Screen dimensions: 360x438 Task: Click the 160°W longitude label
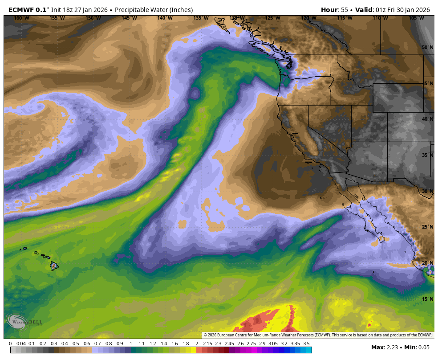tap(21, 18)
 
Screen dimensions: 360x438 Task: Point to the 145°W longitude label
tap(129, 18)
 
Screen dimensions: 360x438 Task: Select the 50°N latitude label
tap(428, 48)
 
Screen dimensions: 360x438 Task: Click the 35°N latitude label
tap(428, 155)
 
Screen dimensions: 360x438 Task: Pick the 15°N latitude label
tap(428, 299)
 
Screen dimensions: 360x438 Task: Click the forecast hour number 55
tap(344, 10)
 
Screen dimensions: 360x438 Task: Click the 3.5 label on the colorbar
tap(306, 344)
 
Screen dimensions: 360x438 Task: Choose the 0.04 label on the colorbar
tap(21, 344)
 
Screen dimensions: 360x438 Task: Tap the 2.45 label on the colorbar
tap(229, 344)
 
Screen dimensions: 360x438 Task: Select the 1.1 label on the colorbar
tap(142, 344)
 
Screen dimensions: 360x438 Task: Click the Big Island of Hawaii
tap(54, 266)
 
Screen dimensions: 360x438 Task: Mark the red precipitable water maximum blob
tap(267, 322)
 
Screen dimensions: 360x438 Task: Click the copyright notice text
tap(317, 335)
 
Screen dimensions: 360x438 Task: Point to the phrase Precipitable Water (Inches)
tap(154, 10)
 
